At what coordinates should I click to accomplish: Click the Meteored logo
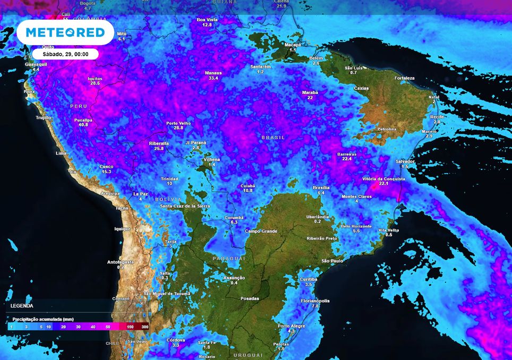coord(65,32)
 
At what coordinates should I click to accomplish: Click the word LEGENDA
coord(22,306)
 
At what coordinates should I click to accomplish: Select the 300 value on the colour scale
coord(144,327)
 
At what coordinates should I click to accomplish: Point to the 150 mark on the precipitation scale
coord(131,327)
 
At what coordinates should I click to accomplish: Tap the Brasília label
coord(321,187)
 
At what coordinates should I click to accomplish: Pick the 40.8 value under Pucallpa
coord(83,125)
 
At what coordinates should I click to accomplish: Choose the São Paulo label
coord(332,261)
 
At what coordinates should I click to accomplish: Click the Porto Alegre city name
coord(291,325)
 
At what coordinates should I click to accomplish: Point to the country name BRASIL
coord(274,137)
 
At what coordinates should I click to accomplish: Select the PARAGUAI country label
coord(228,258)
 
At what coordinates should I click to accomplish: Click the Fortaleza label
coord(404,78)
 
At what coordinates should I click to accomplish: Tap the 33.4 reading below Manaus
coord(214,78)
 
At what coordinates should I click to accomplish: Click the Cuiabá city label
coord(248,186)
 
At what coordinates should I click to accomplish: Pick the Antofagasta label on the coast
coord(121,262)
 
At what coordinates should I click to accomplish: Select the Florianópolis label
coord(315,301)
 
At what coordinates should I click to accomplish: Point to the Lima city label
coord(61,153)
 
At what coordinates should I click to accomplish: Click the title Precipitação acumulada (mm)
coord(42,319)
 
